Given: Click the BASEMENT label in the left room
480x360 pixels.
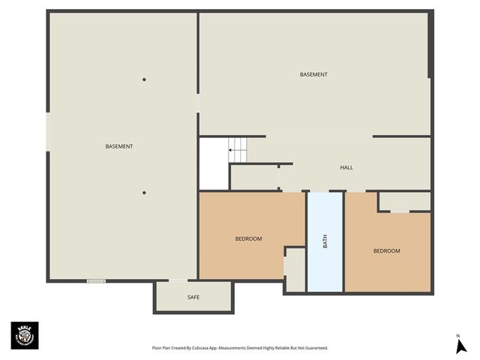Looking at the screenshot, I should pos(119,146).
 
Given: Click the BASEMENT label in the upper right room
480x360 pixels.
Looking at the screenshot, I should pos(313,74).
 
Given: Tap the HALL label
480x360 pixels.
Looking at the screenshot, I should pos(346,167).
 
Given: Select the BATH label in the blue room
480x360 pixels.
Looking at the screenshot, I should pos(325,241).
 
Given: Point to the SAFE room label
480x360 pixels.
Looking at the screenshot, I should pos(193,298).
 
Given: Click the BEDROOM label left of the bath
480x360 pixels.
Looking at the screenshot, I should pos(248,238).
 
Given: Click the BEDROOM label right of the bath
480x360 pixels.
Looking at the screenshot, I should pos(386,250).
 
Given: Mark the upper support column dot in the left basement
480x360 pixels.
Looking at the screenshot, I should pos(144,79).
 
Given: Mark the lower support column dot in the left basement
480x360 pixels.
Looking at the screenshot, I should pos(144,192).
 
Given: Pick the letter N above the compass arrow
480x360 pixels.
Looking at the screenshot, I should pos(457,335).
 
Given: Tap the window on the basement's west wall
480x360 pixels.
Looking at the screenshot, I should pos(49,131).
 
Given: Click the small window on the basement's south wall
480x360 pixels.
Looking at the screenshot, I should pos(96,281).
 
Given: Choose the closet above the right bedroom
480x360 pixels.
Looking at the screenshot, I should pos(404,201).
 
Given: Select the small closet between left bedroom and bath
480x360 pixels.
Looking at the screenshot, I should pos(295,268).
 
